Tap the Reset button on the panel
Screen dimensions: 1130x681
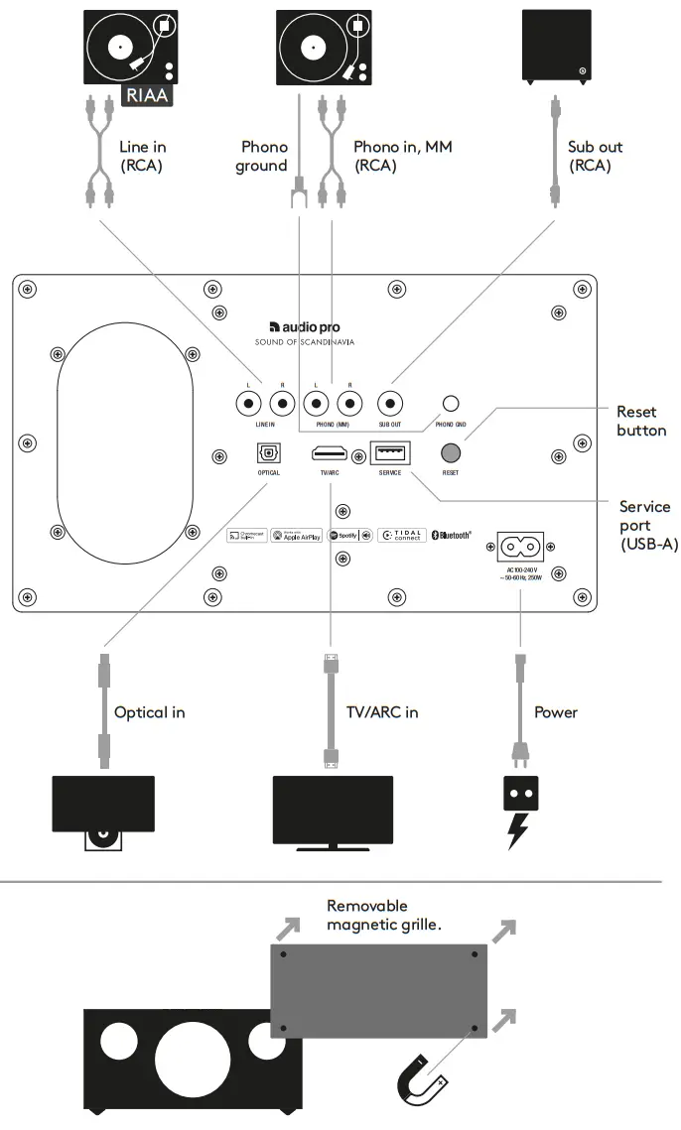(451, 451)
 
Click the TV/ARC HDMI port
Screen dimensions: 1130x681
(330, 453)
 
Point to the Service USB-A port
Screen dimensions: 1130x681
(390, 453)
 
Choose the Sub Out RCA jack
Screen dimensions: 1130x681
(390, 404)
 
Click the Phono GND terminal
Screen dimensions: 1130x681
(451, 404)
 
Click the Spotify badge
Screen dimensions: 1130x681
(343, 535)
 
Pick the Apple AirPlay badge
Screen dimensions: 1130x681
(296, 535)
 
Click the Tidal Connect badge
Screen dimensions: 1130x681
(401, 535)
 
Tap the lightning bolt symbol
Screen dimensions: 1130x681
(517, 830)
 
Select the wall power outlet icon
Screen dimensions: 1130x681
(517, 793)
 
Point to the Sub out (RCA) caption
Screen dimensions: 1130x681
(595, 156)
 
